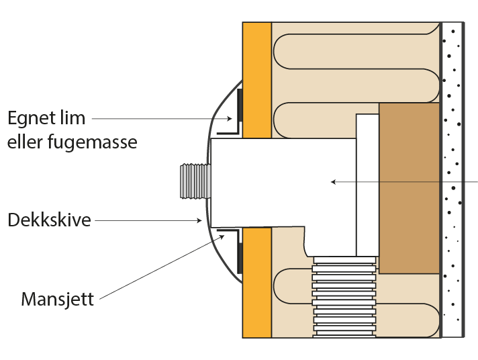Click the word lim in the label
(x=75, y=119)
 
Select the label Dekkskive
(x=48, y=220)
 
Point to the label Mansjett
(x=57, y=298)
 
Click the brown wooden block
(x=410, y=188)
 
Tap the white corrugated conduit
(x=344, y=296)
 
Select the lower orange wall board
(x=256, y=282)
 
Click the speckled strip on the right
(x=454, y=179)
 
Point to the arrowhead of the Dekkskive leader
(x=199, y=220)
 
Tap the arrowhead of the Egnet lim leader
(x=232, y=120)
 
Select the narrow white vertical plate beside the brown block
(x=367, y=185)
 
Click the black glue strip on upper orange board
(x=240, y=113)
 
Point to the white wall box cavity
(x=282, y=181)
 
